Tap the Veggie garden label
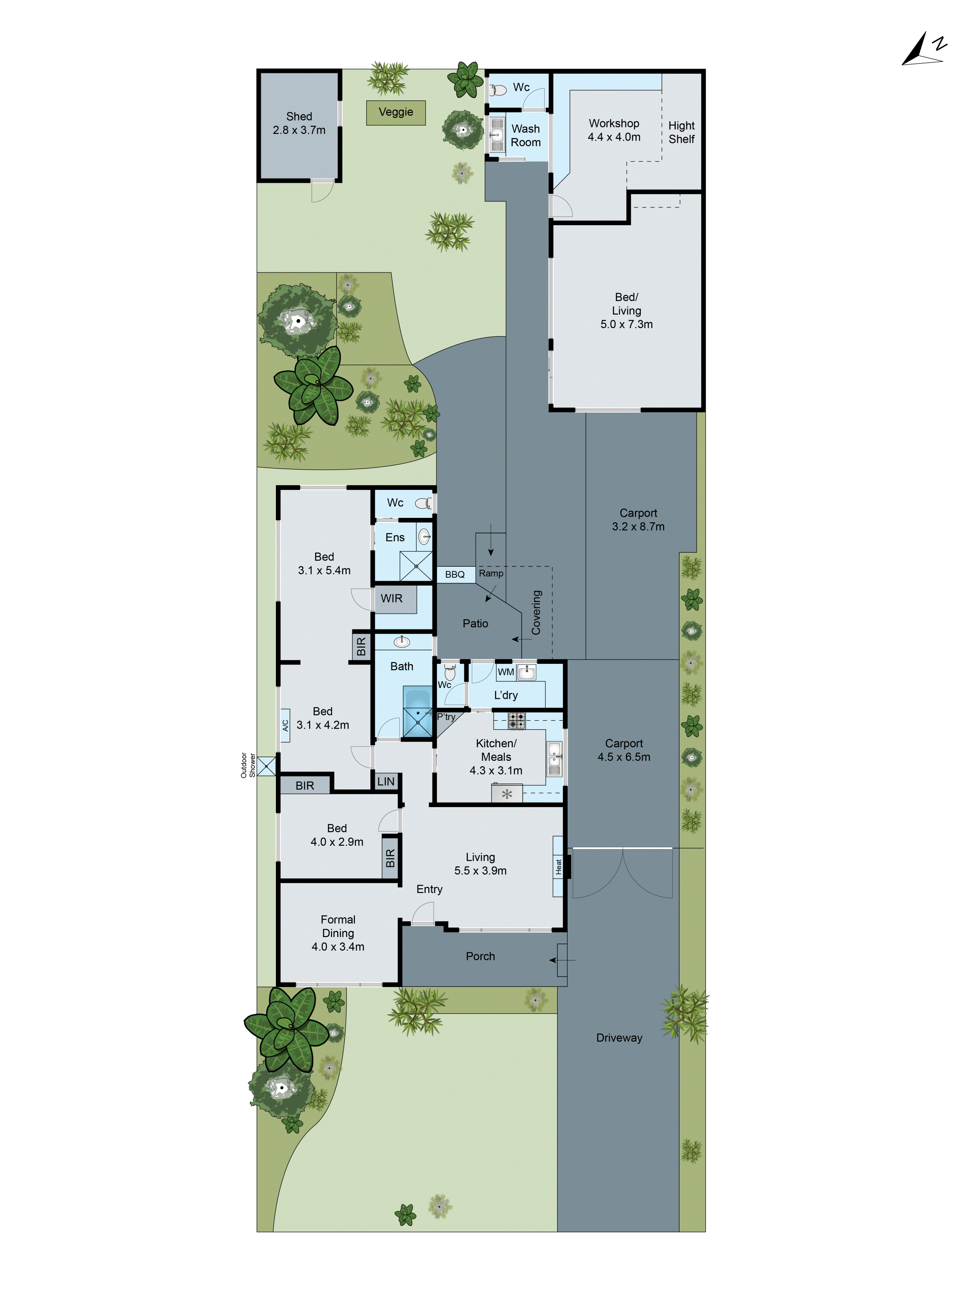396,112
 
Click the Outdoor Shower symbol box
266,766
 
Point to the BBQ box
455,574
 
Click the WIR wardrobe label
391,598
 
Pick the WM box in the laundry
505,672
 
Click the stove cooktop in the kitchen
516,720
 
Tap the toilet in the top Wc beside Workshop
498,90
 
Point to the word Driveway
619,1038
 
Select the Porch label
480,956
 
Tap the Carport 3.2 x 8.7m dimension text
638,527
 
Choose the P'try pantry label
446,717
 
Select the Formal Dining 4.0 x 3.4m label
338,933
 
